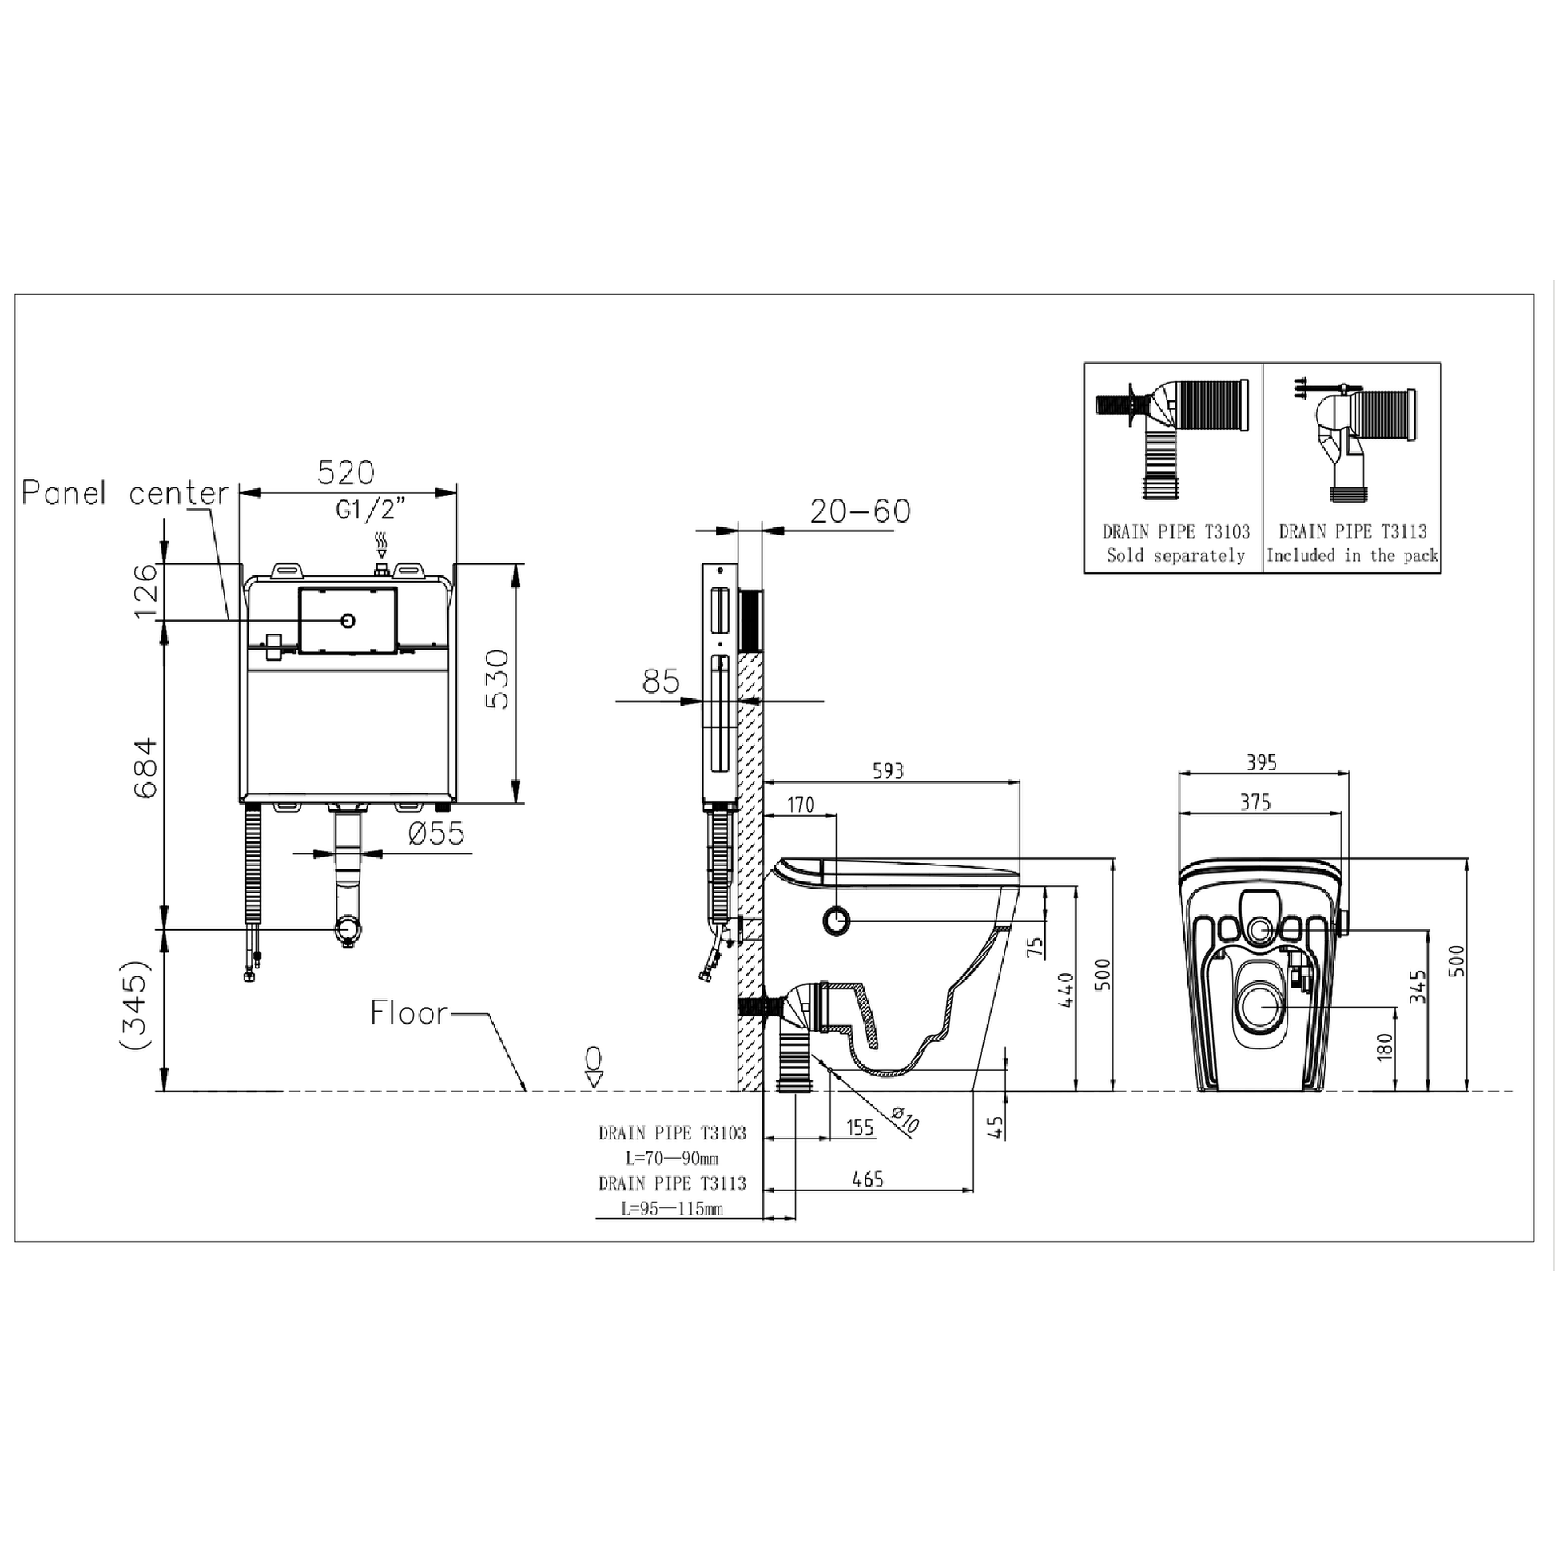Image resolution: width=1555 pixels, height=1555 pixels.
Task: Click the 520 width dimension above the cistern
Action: [x=345, y=473]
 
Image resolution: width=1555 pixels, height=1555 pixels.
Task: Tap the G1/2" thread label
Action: [x=371, y=509]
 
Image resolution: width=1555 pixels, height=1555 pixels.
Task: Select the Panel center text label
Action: [x=125, y=492]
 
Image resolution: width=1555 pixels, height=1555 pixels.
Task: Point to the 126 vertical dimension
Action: [x=146, y=591]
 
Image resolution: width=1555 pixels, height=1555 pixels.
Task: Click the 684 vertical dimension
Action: [x=146, y=768]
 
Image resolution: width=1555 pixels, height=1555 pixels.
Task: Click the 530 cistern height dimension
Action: [x=498, y=679]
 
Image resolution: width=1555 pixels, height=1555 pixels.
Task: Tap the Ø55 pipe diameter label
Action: [x=436, y=833]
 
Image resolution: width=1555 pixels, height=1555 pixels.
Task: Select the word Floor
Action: [x=409, y=1013]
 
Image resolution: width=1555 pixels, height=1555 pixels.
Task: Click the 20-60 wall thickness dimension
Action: [x=860, y=511]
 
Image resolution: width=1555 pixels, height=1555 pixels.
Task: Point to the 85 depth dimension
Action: [x=660, y=682]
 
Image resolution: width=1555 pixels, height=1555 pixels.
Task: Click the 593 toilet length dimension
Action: [x=888, y=771]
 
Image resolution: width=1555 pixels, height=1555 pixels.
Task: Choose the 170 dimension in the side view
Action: [x=800, y=805]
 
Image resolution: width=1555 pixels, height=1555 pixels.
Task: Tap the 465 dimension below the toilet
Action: [x=868, y=1180]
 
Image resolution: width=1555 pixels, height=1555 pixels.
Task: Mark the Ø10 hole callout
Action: [x=905, y=1120]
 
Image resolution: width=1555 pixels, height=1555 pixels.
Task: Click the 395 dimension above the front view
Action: [x=1261, y=762]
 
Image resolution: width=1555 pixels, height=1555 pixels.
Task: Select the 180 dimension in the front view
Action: [x=1384, y=1047]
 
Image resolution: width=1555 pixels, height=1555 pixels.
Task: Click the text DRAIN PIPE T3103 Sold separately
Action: [x=1176, y=543]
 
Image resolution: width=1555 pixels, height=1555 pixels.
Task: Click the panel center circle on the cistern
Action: [x=348, y=621]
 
